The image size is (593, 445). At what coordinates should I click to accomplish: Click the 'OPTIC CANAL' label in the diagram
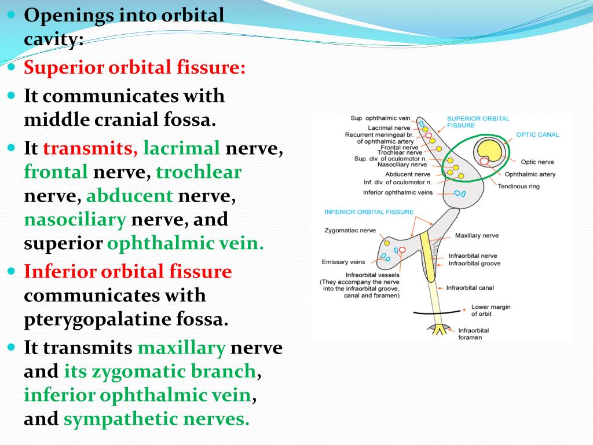(x=537, y=134)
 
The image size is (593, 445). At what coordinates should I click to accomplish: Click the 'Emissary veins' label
(x=343, y=262)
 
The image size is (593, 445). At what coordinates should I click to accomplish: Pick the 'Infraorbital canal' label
(x=470, y=287)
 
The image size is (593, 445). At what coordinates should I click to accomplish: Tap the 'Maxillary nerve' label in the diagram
(x=477, y=236)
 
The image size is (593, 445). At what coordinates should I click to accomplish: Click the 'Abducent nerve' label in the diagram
(x=408, y=174)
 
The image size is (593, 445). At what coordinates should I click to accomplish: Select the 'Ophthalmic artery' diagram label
(x=530, y=174)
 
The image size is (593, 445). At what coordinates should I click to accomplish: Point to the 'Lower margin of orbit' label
(x=490, y=311)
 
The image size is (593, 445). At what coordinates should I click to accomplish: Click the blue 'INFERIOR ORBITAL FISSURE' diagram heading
(x=369, y=211)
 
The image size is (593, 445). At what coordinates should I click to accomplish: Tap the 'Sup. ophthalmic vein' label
(x=380, y=118)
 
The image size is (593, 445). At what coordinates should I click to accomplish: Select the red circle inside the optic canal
(x=484, y=162)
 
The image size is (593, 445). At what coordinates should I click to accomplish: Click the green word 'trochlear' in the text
(x=199, y=172)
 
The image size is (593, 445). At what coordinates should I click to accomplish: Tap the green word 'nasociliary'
(x=75, y=220)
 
